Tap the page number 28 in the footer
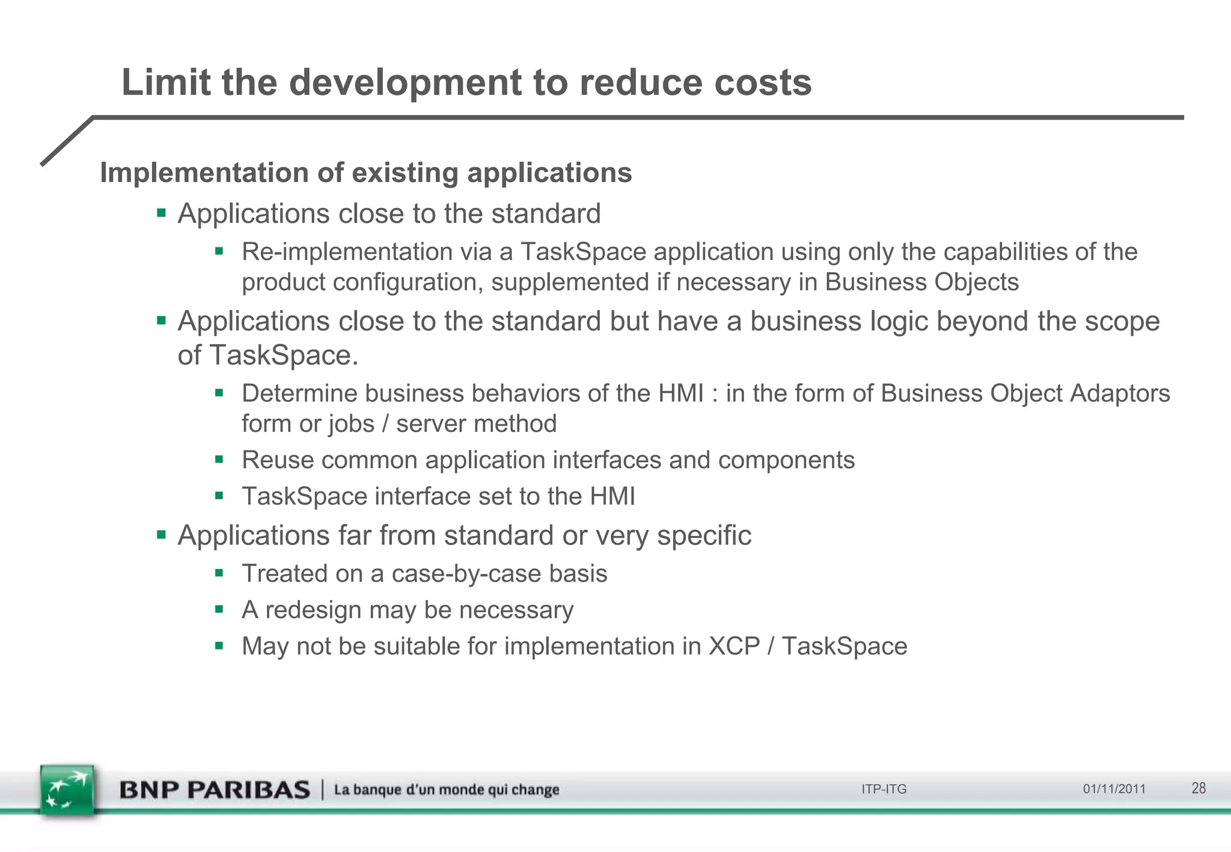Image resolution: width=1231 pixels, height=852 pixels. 1199,788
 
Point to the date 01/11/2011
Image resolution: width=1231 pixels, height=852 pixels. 1114,789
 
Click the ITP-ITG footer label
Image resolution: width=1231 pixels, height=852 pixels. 884,789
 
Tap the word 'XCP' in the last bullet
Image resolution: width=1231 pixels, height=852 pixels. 735,647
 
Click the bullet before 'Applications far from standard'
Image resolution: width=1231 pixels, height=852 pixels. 161,534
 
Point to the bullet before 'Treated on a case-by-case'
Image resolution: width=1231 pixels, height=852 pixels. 219,573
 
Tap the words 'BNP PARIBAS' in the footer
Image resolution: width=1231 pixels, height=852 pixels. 215,790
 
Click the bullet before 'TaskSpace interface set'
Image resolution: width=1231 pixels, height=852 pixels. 219,496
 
